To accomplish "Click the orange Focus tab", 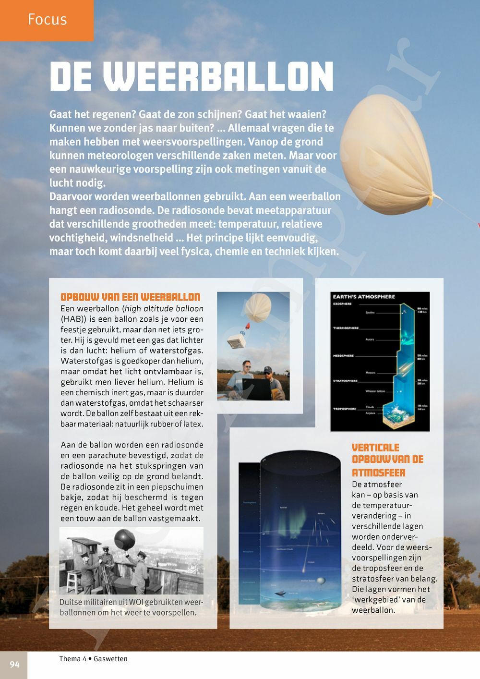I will click(x=47, y=20).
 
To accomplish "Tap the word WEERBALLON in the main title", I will click(x=218, y=77).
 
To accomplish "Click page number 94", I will click(x=14, y=665).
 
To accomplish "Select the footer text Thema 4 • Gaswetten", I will click(x=93, y=659).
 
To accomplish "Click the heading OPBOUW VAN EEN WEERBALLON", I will click(x=130, y=297).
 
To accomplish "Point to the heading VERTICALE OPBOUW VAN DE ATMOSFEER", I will click(x=387, y=460).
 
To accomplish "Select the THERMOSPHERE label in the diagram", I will click(x=346, y=328).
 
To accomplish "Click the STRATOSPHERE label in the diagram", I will click(x=345, y=381).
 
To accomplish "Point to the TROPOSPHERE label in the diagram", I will click(x=345, y=409).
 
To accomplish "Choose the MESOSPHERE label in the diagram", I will click(x=343, y=356).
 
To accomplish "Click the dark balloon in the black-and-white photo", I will click(x=124, y=541).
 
